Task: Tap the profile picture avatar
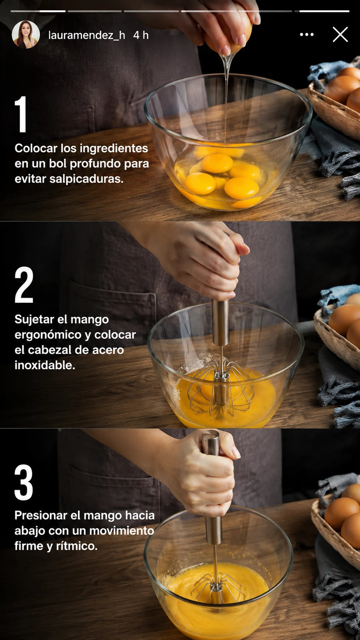(26, 34)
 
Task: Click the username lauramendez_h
(86, 35)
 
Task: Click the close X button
(340, 34)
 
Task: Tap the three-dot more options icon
(306, 34)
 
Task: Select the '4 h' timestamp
(141, 35)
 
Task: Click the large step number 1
(21, 114)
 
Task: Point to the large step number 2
(24, 284)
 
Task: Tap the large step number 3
(24, 482)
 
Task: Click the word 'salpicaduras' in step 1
(86, 179)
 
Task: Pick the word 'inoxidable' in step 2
(45, 365)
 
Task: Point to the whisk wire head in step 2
(221, 387)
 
